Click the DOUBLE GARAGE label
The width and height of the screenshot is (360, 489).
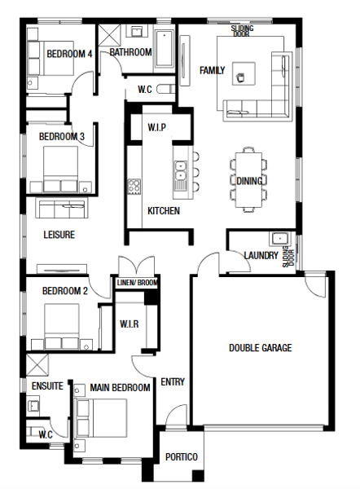click(261, 348)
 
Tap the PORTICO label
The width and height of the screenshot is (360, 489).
click(182, 457)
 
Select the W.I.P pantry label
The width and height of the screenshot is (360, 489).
click(156, 127)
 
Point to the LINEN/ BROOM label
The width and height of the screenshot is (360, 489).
click(137, 283)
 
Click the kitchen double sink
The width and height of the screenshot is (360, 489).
click(180, 171)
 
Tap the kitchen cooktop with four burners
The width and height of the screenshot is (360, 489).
click(134, 187)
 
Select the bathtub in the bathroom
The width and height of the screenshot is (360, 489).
click(165, 49)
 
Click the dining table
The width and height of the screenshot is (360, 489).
click(248, 179)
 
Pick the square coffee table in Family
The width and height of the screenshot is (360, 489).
click(244, 73)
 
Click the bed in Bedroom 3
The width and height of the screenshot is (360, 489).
click(60, 169)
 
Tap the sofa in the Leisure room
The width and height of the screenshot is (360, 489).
click(62, 208)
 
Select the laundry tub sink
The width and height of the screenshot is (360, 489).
click(279, 239)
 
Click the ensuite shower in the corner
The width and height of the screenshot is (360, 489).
click(37, 365)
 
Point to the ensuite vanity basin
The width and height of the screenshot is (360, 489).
click(33, 404)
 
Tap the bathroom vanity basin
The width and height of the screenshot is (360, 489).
click(137, 32)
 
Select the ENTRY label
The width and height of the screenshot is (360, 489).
click(173, 381)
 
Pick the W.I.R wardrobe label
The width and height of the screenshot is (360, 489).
click(130, 324)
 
